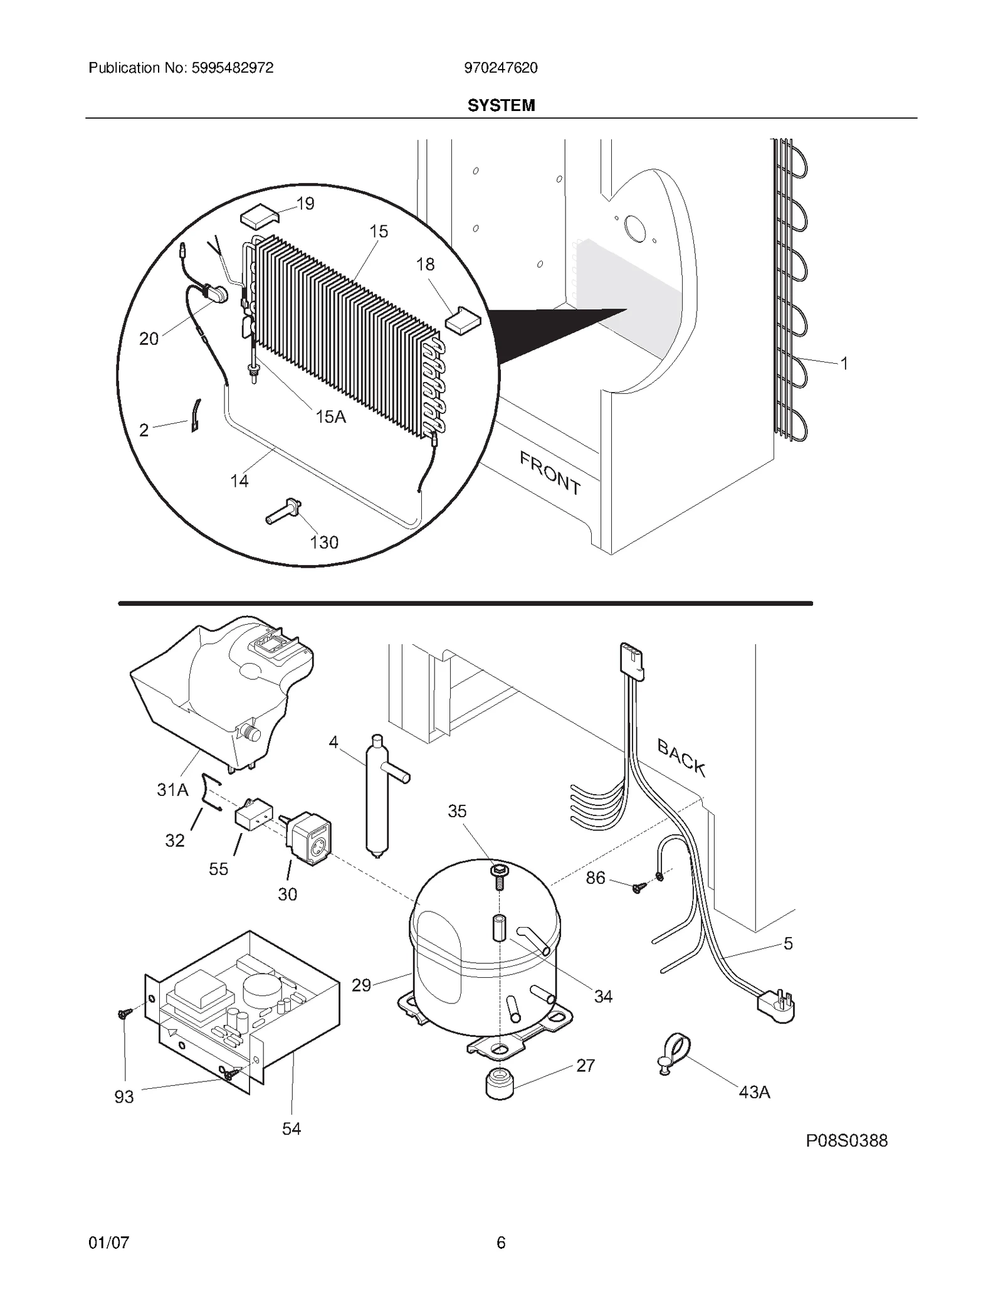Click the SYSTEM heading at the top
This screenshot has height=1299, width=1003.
tap(501, 105)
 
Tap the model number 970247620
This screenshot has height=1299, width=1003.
tap(500, 68)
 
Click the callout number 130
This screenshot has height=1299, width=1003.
tap(324, 542)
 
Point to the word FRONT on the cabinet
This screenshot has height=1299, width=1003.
tap(550, 474)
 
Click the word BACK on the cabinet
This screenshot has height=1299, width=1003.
tap(681, 758)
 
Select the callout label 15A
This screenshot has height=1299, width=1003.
tap(330, 416)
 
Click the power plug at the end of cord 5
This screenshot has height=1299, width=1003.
tap(777, 1007)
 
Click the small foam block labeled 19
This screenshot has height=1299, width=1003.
tap(258, 217)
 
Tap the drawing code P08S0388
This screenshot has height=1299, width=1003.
tap(846, 1140)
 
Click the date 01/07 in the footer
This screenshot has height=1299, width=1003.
tap(108, 1242)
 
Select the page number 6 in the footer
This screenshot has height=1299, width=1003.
tap(501, 1242)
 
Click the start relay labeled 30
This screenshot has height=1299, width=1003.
tap(310, 837)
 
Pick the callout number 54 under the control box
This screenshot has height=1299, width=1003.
tap(291, 1129)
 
